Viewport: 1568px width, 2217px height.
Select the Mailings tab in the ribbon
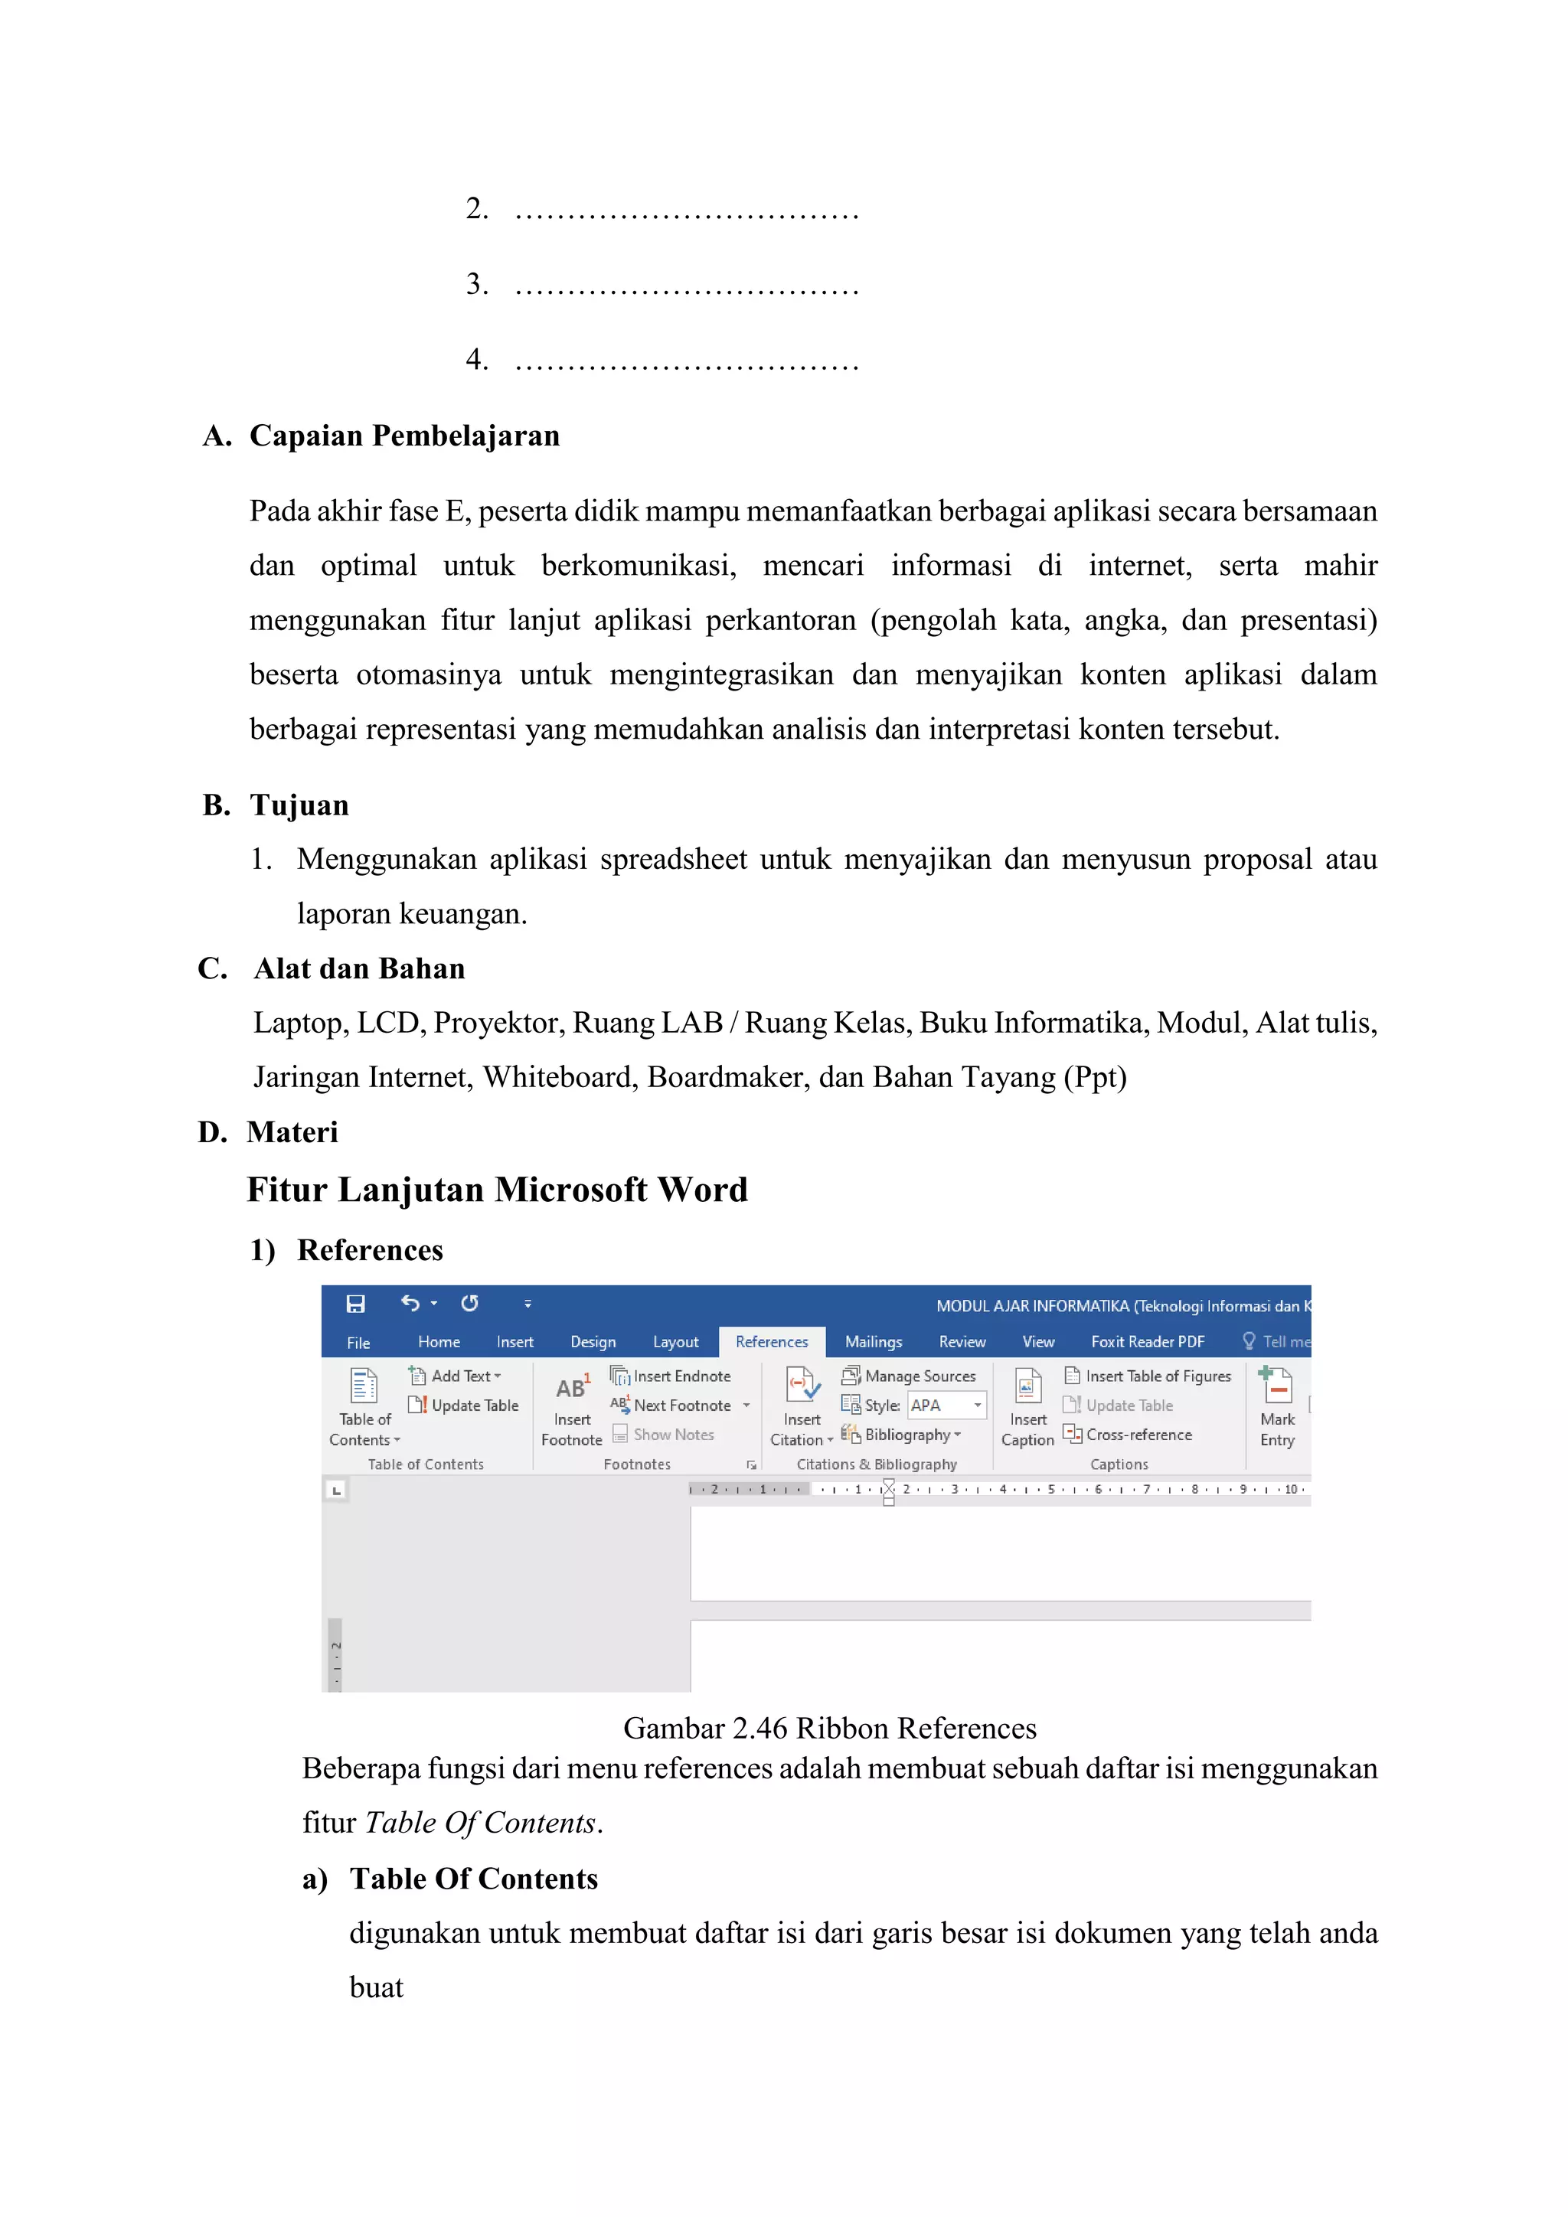[x=873, y=1341]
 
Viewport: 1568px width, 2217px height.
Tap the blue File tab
[x=358, y=1342]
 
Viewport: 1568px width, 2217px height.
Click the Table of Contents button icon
[x=364, y=1386]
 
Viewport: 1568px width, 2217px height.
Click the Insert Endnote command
[x=681, y=1376]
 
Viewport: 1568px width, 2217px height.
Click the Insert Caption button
[x=1027, y=1408]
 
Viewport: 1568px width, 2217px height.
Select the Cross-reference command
[x=1138, y=1435]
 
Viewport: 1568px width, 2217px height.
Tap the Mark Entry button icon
[x=1276, y=1386]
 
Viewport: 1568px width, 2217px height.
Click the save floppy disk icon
[x=356, y=1304]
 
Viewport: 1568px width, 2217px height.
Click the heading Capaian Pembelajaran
[x=404, y=436]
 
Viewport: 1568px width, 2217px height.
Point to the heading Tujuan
[x=299, y=805]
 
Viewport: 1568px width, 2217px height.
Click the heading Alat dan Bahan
[x=359, y=968]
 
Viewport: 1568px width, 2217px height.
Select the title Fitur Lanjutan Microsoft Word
[x=497, y=1190]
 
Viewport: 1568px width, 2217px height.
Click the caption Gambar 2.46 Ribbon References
[x=829, y=1728]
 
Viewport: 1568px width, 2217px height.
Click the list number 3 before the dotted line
[x=476, y=284]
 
